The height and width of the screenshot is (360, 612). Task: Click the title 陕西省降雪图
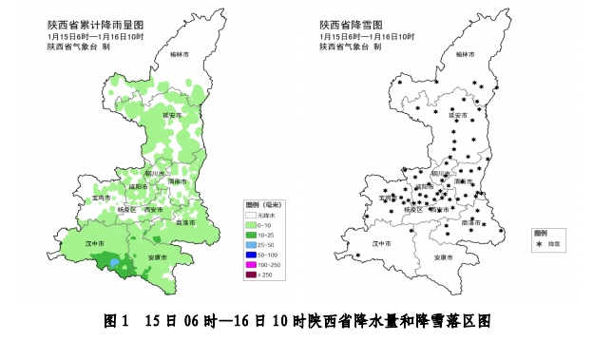click(353, 24)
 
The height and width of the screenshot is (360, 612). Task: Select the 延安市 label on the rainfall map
click(172, 115)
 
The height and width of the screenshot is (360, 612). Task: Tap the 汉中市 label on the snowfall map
click(382, 244)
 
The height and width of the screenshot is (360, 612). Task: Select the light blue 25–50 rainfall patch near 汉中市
click(116, 263)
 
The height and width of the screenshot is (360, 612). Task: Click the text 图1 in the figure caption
click(114, 322)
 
